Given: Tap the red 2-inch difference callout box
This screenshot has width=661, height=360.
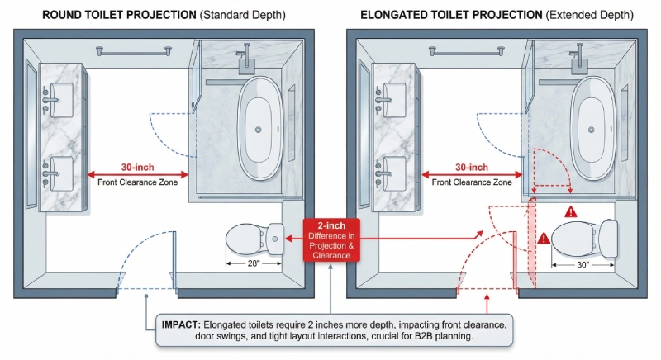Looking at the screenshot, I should coord(330,240).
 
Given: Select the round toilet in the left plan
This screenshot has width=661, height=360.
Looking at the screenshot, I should coord(254,239).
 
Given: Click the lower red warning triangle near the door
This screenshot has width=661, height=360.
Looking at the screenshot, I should coord(544,239).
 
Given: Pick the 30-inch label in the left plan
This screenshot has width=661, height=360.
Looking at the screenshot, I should coord(137,167).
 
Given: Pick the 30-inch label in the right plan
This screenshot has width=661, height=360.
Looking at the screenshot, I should coord(471,167).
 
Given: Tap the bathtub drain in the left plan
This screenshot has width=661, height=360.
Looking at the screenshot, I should coord(259,130).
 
